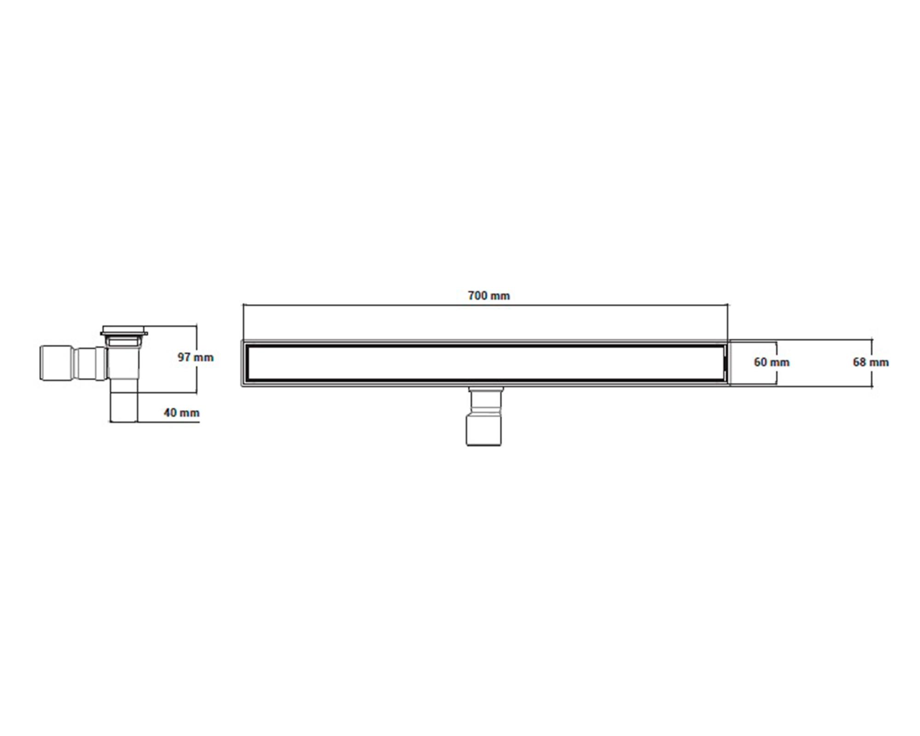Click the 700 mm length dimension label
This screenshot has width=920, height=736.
coord(489,296)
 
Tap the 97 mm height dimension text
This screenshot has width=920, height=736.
coord(195,357)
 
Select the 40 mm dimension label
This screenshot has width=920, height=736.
coord(182,413)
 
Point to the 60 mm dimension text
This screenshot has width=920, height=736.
coord(771,362)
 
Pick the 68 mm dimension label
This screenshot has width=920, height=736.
coord(870,362)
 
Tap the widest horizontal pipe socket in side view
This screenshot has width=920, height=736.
coord(57,363)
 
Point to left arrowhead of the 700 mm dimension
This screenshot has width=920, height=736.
coord(244,304)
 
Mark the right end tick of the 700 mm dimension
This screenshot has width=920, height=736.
coord(728,304)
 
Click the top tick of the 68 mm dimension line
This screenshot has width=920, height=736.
coord(871,340)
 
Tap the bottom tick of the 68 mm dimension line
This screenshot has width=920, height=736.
coord(871,386)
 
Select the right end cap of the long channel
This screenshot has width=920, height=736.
coord(726,363)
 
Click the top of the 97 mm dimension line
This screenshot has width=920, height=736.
coord(196,326)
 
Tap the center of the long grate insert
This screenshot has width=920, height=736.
coord(485,363)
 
